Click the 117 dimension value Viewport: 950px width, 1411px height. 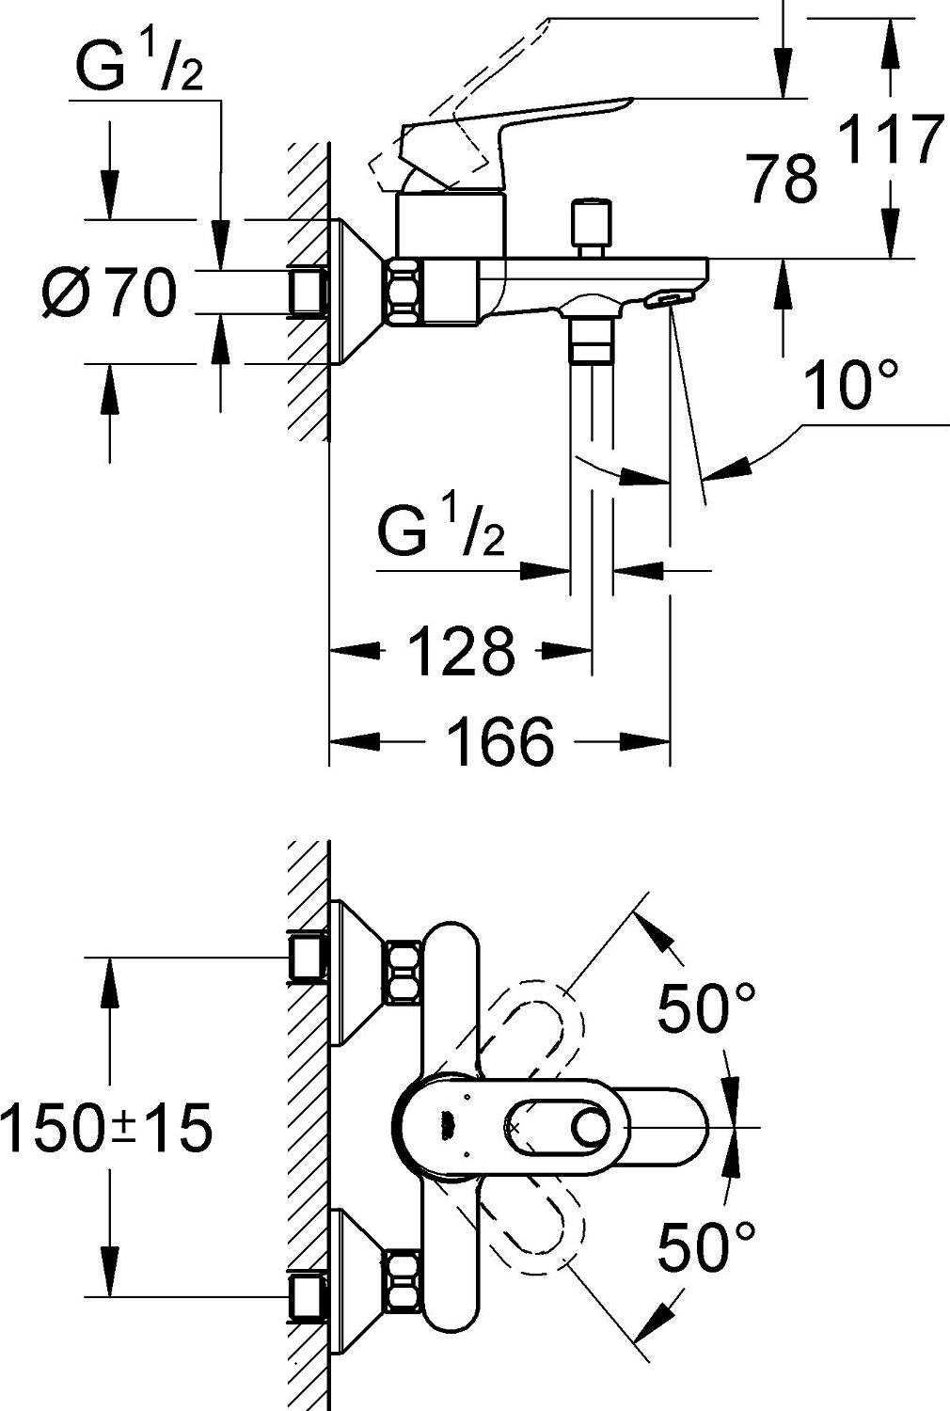(x=890, y=140)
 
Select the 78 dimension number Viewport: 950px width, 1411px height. (x=783, y=180)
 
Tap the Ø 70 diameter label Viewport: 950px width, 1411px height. (x=109, y=293)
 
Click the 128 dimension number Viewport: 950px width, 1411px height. (x=462, y=651)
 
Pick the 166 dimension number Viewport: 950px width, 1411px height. (x=499, y=742)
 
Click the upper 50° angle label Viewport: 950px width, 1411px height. (x=705, y=1008)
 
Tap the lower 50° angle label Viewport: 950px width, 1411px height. (x=705, y=1246)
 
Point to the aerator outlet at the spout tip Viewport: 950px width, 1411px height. (x=666, y=299)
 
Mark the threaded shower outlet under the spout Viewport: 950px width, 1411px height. (x=591, y=339)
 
